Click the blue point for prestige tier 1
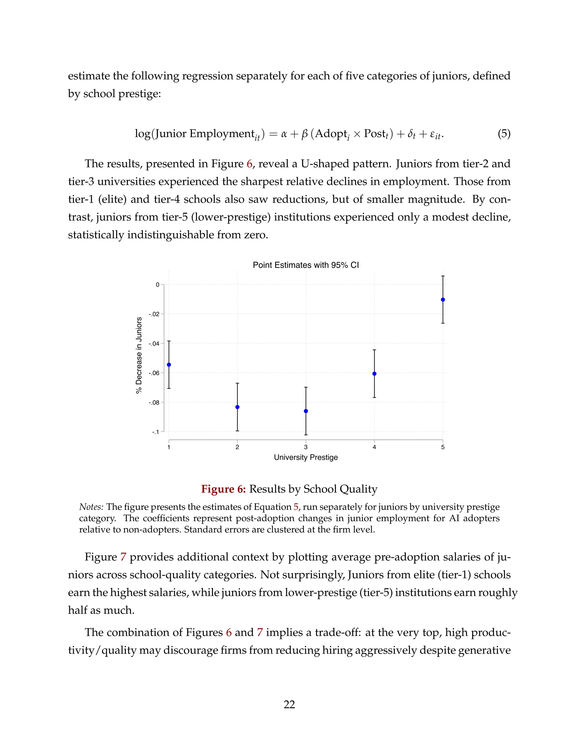[x=169, y=365]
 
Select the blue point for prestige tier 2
[x=237, y=407]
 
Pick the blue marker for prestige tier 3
[x=306, y=411]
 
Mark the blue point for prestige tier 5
[x=443, y=300]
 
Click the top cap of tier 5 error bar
[x=443, y=276]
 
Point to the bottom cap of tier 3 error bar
[x=306, y=435]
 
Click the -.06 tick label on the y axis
[x=154, y=373]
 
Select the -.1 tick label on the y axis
[x=156, y=432]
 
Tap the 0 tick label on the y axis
[x=157, y=285]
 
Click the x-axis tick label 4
[x=374, y=447]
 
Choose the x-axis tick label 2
[x=237, y=447]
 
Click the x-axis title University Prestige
[x=306, y=458]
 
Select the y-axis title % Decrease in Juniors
[x=139, y=355]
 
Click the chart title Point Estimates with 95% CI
[x=306, y=265]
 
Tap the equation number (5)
[x=504, y=133]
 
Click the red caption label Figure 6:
[x=223, y=489]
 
